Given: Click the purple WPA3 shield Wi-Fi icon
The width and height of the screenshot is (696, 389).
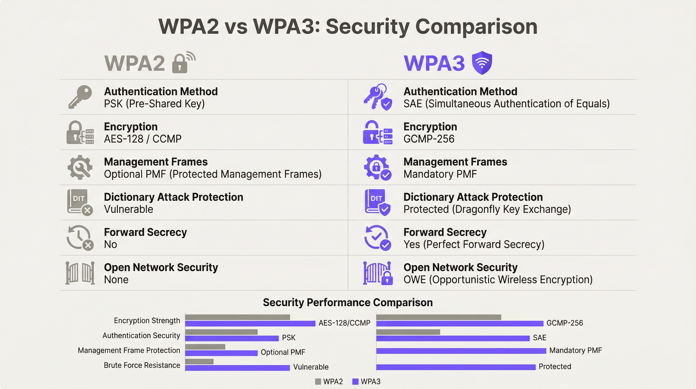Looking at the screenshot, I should pos(482,63).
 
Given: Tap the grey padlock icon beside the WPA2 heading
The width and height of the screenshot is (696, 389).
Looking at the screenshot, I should pos(180,64).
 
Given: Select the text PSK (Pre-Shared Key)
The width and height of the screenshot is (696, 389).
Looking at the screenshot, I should pos(154,104).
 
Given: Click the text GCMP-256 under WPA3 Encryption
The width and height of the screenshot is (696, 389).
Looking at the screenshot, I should pos(429,139).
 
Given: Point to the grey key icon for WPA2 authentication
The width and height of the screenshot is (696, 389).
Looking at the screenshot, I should pos(80,96).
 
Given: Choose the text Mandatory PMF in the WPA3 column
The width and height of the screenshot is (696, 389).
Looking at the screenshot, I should pos(440,174).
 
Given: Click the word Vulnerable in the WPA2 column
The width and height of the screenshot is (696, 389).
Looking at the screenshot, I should pos(129,209).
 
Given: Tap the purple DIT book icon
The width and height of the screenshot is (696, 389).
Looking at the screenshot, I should pos(377,202).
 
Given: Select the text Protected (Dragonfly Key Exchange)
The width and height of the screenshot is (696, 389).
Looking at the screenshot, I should pos(487,209).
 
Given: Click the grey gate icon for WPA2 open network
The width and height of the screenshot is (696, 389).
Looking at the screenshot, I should pos(80,273).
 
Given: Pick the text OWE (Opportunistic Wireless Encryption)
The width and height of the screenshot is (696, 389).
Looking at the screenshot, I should pos(498,280).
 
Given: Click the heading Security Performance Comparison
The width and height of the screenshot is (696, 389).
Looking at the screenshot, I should pos(348,302).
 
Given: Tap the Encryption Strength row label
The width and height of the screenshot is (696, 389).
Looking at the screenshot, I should pos(147,321).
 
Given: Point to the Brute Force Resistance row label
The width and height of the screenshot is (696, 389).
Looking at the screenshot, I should pos(142,365).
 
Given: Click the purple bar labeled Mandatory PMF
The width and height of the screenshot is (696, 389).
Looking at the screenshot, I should pos(461,351).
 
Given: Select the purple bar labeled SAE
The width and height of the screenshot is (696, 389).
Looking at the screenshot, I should pos(453,338).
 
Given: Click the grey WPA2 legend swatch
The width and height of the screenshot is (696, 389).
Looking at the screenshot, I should pos(318,382).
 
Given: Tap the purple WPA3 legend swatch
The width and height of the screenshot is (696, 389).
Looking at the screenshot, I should pos(355,382).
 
